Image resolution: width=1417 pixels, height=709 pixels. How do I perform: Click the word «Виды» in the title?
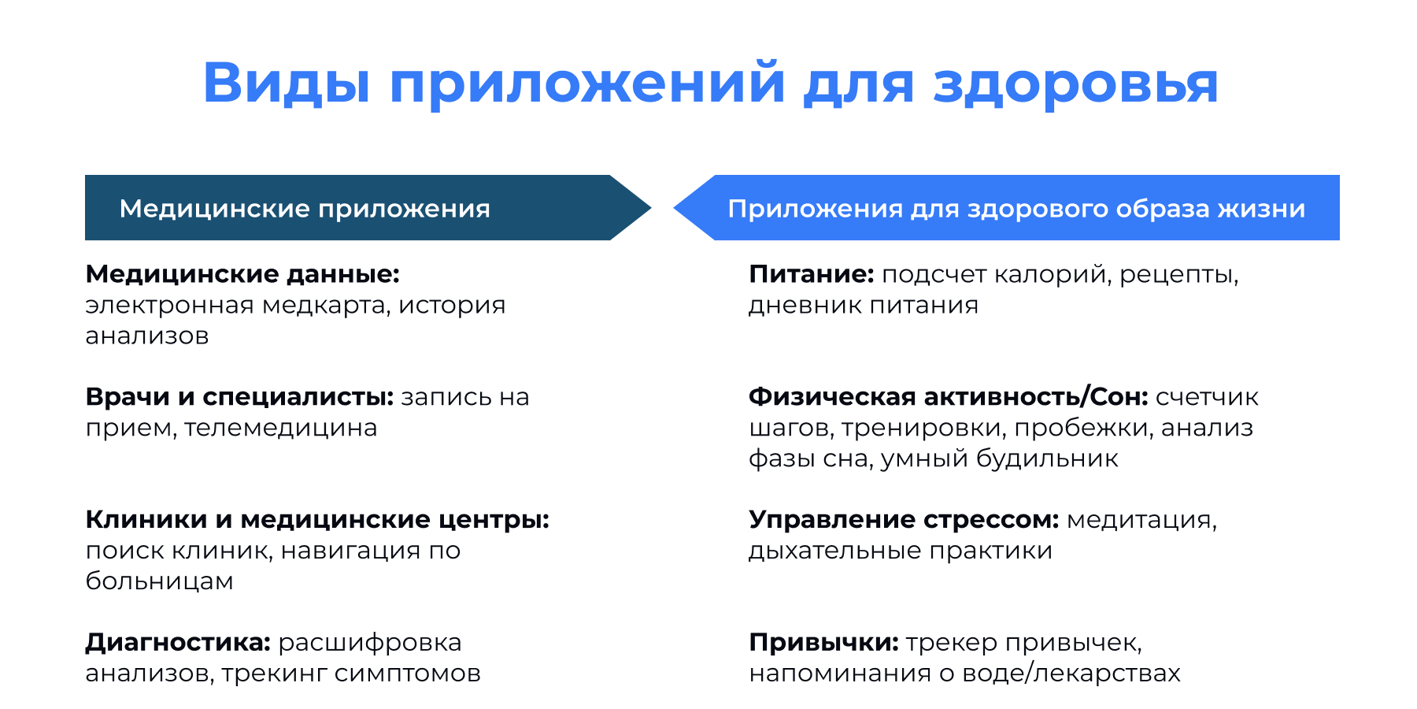(x=286, y=84)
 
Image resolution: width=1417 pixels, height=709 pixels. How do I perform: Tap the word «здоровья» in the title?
(x=1075, y=84)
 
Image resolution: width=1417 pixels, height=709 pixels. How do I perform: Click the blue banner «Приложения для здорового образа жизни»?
(x=1016, y=209)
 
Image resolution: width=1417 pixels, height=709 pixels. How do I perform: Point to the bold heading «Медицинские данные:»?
(x=242, y=274)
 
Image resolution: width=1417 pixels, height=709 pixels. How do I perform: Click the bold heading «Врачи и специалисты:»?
(x=239, y=397)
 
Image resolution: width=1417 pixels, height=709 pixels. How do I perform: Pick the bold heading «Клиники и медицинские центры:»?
(x=317, y=520)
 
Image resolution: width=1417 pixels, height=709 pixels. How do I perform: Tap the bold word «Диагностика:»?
(x=178, y=643)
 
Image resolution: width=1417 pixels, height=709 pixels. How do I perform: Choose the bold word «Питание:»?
(x=811, y=274)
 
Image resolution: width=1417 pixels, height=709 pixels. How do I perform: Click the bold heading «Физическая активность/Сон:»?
(x=948, y=397)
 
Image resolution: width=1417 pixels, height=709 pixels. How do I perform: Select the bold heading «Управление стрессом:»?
(x=904, y=520)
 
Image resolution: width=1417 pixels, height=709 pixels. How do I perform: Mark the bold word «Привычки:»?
(x=823, y=643)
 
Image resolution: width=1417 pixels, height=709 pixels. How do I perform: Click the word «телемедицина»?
(x=281, y=428)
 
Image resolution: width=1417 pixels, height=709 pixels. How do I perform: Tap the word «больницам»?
(x=159, y=581)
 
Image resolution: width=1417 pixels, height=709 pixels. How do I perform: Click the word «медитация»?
(x=1141, y=520)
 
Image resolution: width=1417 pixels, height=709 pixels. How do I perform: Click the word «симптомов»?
(x=407, y=674)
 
